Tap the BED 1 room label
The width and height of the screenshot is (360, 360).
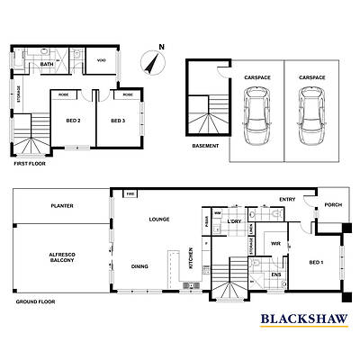click(317, 262)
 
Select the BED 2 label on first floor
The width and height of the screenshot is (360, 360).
click(74, 121)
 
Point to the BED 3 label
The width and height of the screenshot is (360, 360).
click(119, 121)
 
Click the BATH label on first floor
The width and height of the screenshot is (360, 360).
click(47, 65)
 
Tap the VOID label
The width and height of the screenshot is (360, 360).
click(102, 60)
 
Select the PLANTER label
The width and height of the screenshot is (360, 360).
click(62, 206)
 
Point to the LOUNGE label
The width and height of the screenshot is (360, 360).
click(160, 219)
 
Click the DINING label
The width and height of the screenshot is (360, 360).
click(139, 266)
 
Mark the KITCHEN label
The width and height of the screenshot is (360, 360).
click(191, 257)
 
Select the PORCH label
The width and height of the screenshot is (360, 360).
click(332, 204)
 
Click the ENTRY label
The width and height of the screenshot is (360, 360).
click(287, 200)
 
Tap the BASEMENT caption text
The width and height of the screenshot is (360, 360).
click(204, 146)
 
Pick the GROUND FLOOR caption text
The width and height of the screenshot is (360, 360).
click(35, 302)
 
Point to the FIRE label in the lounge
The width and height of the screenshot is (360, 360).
click(130, 193)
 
